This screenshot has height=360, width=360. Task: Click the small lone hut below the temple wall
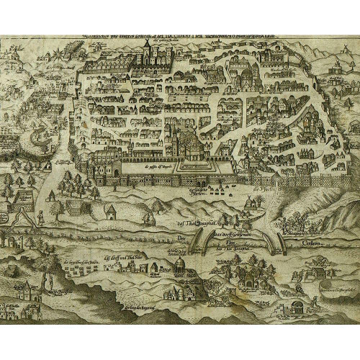[110, 211]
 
